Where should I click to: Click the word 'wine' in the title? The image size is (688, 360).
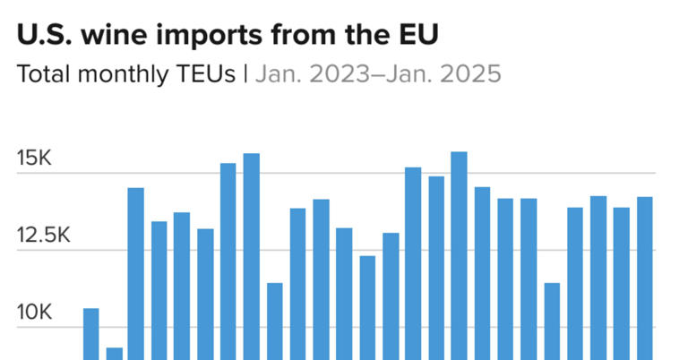point(114,36)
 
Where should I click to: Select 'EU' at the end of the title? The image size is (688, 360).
point(420,36)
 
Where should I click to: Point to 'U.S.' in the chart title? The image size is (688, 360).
point(44,36)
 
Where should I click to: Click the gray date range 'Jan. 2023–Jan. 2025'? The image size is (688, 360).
point(377,73)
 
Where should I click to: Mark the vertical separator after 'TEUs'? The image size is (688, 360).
point(245,73)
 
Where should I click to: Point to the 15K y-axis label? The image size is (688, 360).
point(35,159)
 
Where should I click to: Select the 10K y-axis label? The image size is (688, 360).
point(35,313)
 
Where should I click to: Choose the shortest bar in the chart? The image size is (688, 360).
point(114,353)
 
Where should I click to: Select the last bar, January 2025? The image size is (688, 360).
point(644,278)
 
